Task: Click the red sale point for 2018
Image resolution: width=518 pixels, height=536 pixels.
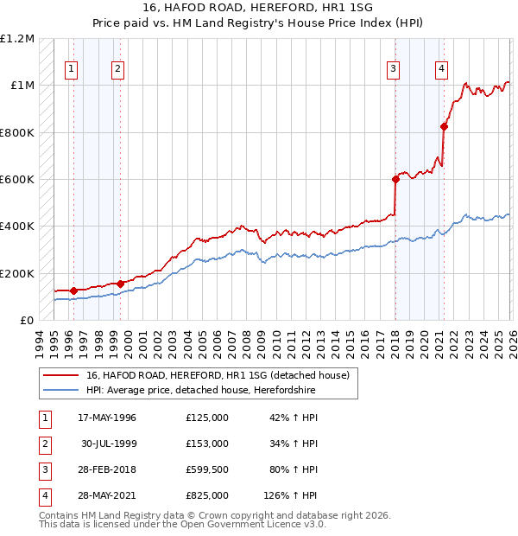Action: click(395, 180)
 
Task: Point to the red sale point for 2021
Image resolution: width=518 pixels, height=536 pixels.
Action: click(445, 127)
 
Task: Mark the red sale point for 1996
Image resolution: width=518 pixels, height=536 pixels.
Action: click(73, 290)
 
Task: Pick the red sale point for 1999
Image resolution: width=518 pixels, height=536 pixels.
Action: click(120, 284)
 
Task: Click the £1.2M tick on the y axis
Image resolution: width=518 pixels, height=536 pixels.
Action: click(17, 39)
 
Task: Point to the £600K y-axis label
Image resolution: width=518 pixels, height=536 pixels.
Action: click(17, 180)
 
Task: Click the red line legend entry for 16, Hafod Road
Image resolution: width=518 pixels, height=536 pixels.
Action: click(217, 375)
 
